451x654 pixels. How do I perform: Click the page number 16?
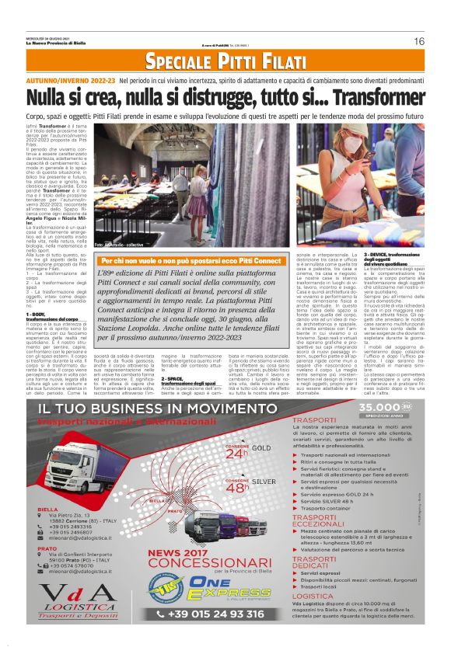click(418, 41)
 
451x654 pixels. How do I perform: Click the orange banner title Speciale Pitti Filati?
click(226, 62)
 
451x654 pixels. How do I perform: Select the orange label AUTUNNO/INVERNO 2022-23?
click(71, 81)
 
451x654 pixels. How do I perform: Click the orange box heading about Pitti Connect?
click(191, 261)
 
